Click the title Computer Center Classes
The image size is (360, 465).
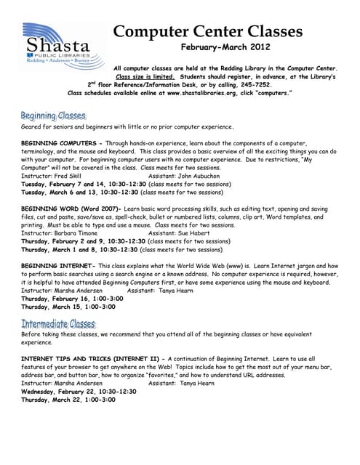tap(207, 31)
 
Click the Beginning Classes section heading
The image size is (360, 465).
tap(53, 116)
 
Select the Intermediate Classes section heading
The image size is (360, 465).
tap(58, 323)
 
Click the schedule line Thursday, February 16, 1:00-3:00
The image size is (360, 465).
tap(68, 299)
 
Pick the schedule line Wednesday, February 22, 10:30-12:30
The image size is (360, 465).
tap(79, 391)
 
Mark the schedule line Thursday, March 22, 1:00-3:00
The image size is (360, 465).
tap(68, 400)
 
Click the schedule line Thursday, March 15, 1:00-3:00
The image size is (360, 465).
tap(68, 307)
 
